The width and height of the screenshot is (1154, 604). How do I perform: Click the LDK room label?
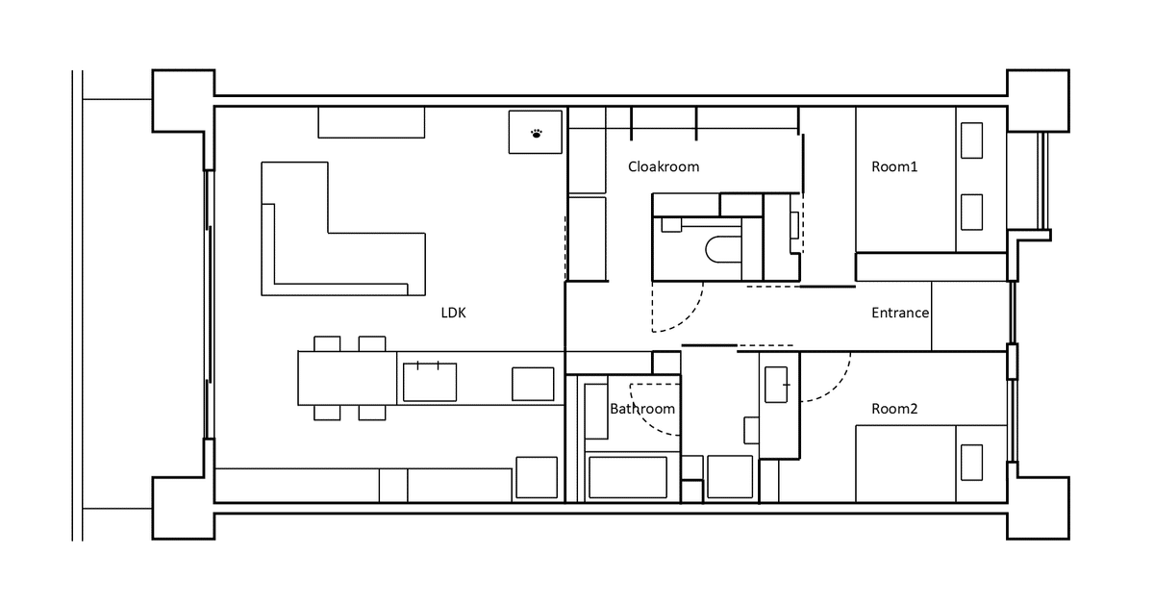pyautogui.click(x=453, y=313)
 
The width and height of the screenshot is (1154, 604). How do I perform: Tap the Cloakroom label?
pyautogui.click(x=664, y=166)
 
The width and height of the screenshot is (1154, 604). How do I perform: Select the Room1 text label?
pyautogui.click(x=894, y=166)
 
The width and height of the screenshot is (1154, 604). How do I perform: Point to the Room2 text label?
pyautogui.click(x=894, y=409)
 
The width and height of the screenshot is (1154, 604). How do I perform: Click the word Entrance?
pyautogui.click(x=900, y=313)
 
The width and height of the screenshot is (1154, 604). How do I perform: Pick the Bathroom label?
pyautogui.click(x=642, y=409)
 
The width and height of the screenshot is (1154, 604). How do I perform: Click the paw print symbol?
pyautogui.click(x=537, y=134)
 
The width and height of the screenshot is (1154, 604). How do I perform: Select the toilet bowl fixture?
pyautogui.click(x=723, y=250)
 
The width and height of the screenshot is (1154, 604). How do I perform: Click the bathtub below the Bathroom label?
pyautogui.click(x=628, y=477)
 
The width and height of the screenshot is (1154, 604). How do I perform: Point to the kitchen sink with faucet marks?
pyautogui.click(x=430, y=382)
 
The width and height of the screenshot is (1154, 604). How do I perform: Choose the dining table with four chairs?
pyautogui.click(x=347, y=378)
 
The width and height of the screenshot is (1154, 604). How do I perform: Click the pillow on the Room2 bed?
pyautogui.click(x=971, y=463)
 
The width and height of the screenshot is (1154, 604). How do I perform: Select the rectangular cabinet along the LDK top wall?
pyautogui.click(x=371, y=123)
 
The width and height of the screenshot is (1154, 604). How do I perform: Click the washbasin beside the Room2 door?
pyautogui.click(x=776, y=385)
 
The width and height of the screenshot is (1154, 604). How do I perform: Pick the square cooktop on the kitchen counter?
pyautogui.click(x=533, y=384)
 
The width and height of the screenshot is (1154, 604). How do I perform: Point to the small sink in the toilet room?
pyautogui.click(x=671, y=225)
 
